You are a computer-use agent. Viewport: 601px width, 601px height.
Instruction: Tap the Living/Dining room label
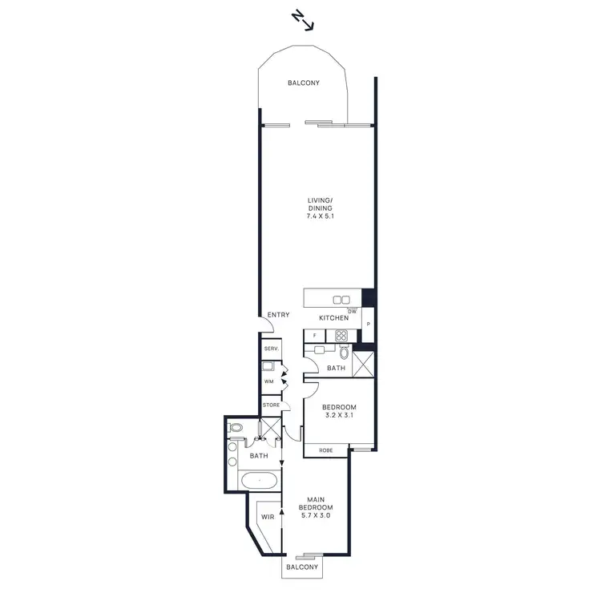[319, 205]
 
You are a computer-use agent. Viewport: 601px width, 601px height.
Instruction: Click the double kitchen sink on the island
[341, 300]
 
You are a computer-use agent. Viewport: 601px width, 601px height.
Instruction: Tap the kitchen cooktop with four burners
[341, 336]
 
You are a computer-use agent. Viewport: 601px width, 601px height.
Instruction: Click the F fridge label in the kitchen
[315, 336]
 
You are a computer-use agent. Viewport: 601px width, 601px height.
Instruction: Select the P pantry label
[368, 324]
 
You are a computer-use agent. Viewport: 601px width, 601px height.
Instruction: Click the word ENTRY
[278, 315]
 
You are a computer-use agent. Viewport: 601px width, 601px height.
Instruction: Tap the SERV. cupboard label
[270, 349]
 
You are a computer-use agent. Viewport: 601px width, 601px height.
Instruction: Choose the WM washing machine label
[269, 381]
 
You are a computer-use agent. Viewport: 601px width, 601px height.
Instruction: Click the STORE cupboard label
[271, 405]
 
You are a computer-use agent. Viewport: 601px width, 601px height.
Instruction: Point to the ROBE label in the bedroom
[325, 450]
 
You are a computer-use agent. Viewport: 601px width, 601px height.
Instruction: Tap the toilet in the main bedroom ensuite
[235, 429]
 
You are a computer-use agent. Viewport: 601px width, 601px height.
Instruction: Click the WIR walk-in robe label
[268, 518]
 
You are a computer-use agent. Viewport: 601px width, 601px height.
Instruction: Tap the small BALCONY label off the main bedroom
[301, 567]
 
